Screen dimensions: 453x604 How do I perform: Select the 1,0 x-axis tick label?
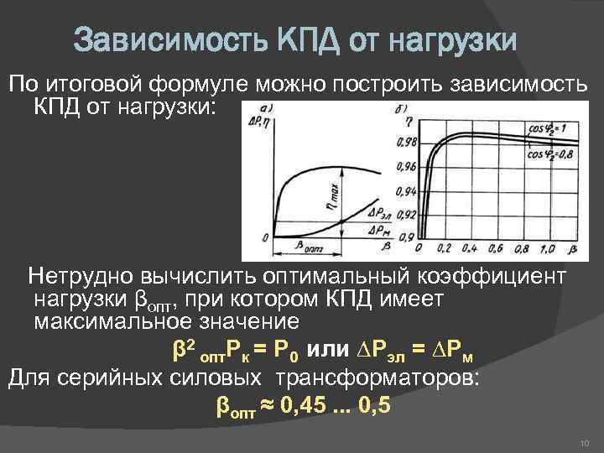(x=547, y=249)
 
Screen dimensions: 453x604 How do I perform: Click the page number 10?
(x=585, y=442)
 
